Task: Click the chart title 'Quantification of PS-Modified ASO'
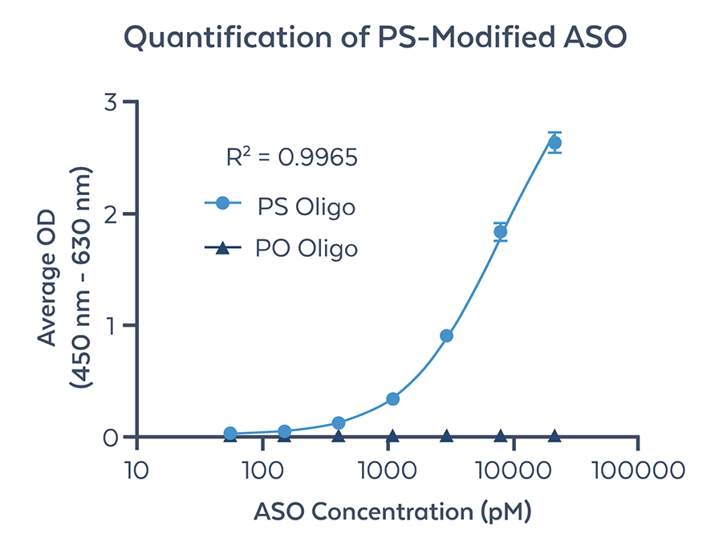tap(363, 39)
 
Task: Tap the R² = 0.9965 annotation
tap(291, 157)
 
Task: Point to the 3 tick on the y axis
tap(112, 102)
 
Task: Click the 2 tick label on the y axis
tap(112, 214)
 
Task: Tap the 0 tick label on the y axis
tap(112, 437)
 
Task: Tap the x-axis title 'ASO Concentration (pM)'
tap(393, 511)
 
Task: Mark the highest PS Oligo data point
tap(554, 143)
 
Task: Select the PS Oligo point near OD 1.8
tap(501, 232)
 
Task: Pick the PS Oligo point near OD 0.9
tap(447, 336)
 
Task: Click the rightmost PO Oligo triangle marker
tap(554, 436)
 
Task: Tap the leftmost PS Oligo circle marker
tap(230, 434)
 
